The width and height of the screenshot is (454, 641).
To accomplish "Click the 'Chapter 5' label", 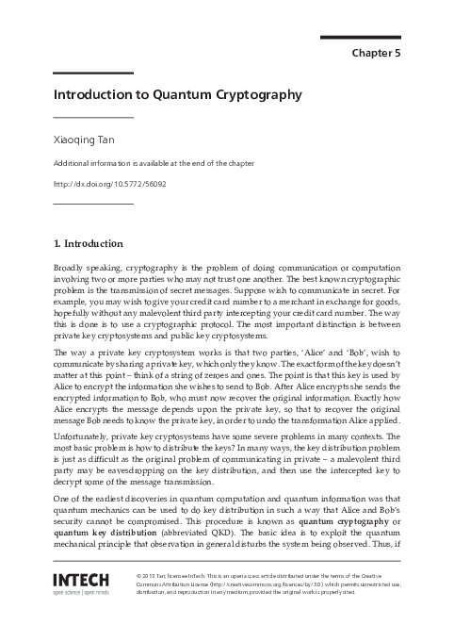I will click(376, 53).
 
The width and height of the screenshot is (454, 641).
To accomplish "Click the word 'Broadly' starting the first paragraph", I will click(70, 269).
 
